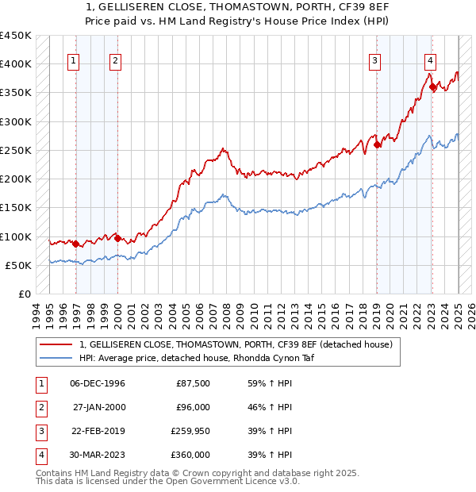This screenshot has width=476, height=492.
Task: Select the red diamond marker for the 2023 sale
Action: coord(432,87)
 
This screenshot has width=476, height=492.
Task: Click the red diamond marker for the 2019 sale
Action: coord(377,144)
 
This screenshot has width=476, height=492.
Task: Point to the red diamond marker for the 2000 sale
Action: coord(117,238)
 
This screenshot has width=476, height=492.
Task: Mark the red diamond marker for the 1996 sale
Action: coord(76,244)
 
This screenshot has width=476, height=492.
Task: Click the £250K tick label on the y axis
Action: coord(15,150)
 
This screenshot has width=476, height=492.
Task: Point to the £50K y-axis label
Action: coord(17,265)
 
